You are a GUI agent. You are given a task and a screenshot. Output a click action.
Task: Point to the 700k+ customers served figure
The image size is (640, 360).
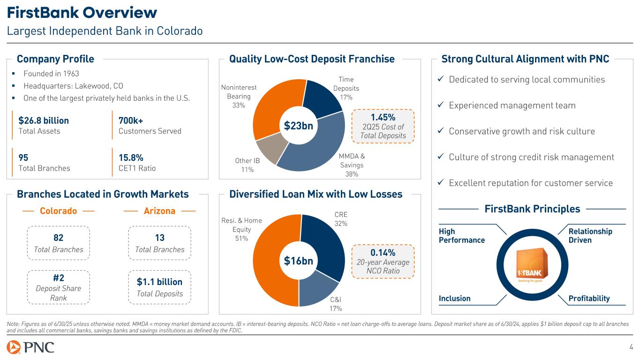tap(131, 120)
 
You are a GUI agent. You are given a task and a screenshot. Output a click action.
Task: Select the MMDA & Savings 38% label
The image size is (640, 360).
tap(352, 165)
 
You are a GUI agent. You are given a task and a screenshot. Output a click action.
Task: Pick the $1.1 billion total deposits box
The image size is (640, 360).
tap(159, 287)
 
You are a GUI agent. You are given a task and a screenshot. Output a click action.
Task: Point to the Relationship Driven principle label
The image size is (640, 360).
tap(590, 236)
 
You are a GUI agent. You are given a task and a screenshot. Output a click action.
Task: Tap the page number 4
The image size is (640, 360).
tap(631, 347)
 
